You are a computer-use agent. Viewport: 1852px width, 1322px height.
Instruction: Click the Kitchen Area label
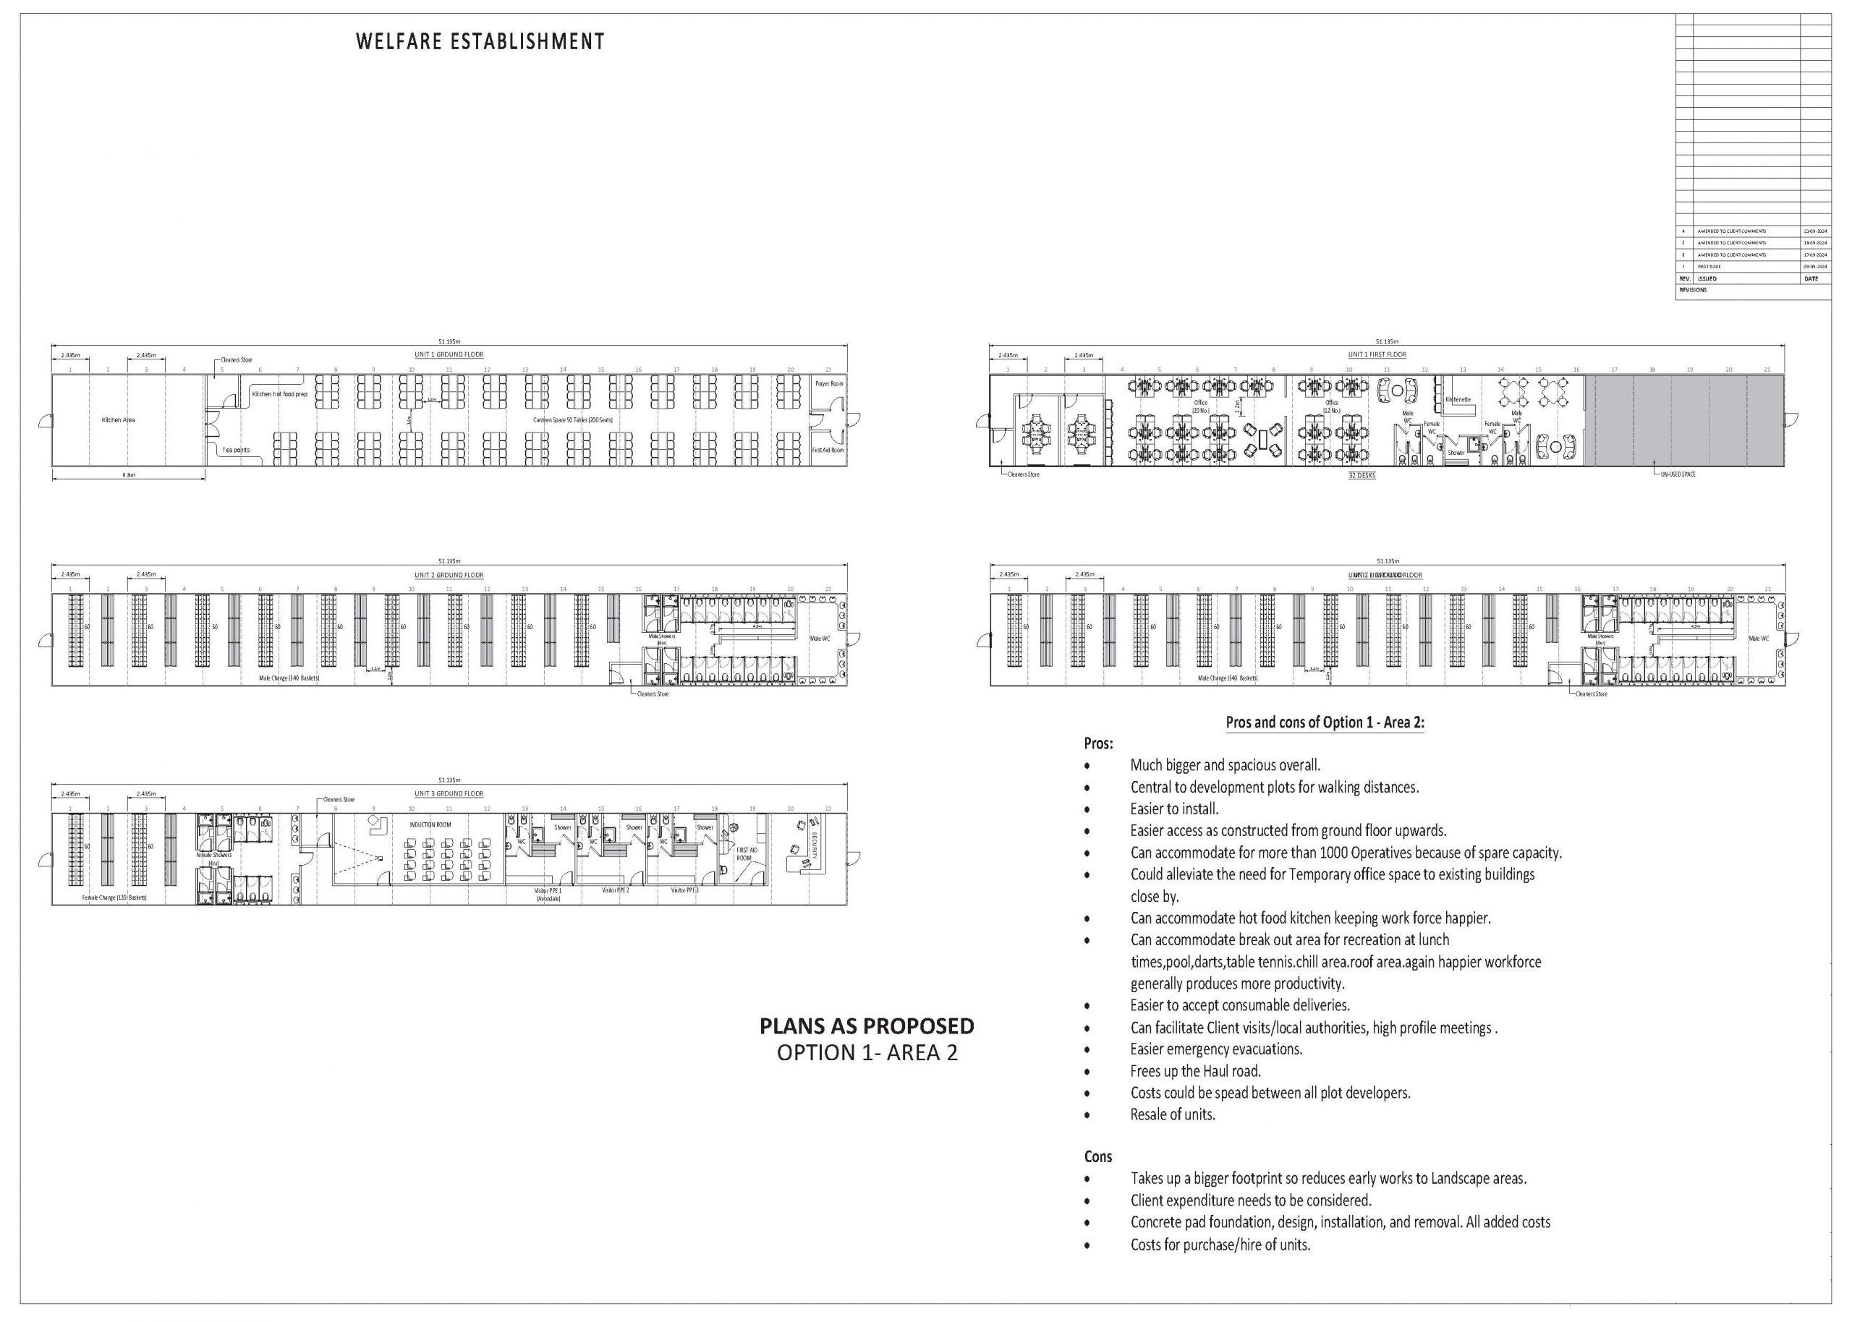tap(118, 420)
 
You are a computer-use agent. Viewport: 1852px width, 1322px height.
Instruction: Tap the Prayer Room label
tap(829, 383)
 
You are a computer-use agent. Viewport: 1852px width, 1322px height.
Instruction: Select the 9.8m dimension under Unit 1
tap(129, 474)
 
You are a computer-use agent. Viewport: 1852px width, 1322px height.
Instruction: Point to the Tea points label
tap(236, 450)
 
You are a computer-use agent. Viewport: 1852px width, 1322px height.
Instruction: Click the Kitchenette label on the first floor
tap(1458, 400)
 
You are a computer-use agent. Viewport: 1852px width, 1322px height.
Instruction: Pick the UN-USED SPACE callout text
tap(1678, 474)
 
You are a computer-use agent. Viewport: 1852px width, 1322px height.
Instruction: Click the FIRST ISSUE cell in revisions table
tap(1709, 267)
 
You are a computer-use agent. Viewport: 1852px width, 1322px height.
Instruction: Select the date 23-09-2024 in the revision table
tap(1815, 231)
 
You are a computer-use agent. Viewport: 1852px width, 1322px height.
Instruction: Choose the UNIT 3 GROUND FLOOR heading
tap(449, 793)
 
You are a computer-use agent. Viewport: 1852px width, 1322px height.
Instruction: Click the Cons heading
tap(1097, 1157)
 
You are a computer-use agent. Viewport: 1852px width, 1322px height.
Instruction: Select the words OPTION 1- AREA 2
tap(867, 1052)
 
